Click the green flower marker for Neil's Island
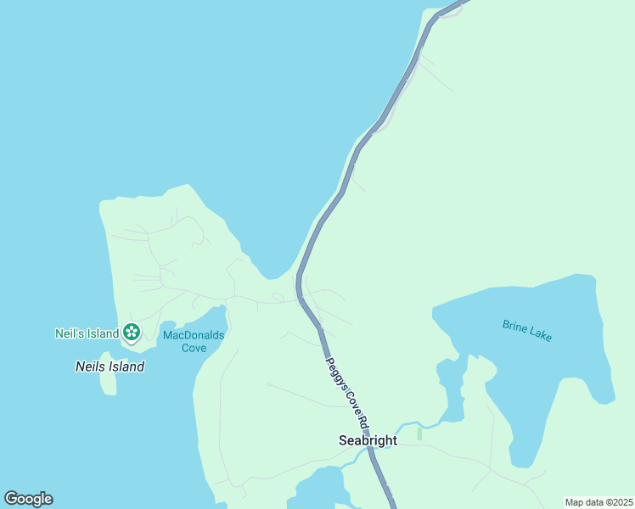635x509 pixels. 132,332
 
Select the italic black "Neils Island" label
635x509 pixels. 110,366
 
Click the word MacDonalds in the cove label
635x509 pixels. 194,335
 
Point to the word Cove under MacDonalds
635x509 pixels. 194,348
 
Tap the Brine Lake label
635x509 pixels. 527,331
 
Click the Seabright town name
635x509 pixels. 368,440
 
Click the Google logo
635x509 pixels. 28,499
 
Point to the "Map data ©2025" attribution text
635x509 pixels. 598,502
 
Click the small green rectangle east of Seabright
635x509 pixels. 419,433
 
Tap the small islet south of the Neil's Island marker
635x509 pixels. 108,381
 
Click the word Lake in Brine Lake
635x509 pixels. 540,335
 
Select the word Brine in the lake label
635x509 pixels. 514,326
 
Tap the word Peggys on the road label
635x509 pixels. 334,371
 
